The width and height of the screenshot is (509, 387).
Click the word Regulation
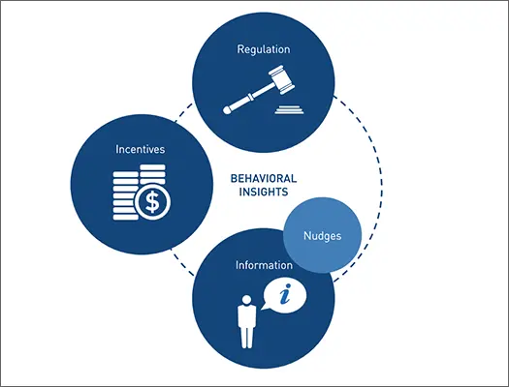pos(264,49)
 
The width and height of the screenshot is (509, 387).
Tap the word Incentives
pos(141,149)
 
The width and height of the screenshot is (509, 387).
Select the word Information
pos(264,265)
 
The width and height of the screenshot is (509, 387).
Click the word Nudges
pos(322,236)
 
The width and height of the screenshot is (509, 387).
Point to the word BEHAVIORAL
pos(264,178)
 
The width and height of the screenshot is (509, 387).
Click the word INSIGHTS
pos(264,192)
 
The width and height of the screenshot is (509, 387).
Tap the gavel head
pos(281,79)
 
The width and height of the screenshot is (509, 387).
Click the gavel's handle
pos(248,97)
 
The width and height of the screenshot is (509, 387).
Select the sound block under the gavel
pos(289,109)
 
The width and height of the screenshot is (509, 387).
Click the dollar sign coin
pos(152,202)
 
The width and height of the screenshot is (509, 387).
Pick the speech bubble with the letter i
pos(283,295)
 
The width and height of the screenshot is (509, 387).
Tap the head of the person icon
pos(246,300)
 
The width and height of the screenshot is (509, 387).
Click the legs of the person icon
pos(246,337)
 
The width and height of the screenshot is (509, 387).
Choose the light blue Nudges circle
pos(322,235)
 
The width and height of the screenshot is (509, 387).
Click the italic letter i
pos(285,294)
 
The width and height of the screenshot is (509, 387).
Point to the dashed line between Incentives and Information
pos(182,263)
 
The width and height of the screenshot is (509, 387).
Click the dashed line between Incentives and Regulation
pos(184,112)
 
